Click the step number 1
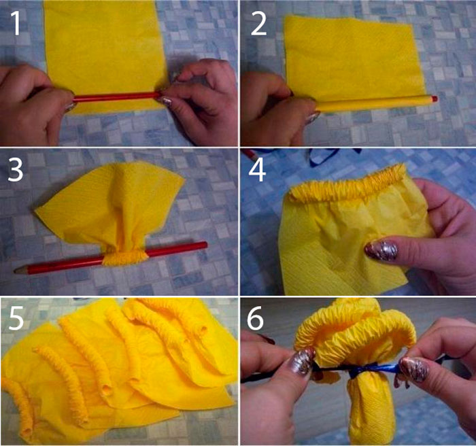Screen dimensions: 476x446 tap(16, 24)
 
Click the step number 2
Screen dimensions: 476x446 tap(258, 24)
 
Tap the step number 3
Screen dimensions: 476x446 tap(16, 170)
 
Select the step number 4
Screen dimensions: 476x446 tap(258, 170)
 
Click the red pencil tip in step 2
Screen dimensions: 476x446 tap(435, 99)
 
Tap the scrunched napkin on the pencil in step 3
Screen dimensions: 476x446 tap(125, 257)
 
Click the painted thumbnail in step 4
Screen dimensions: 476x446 tap(382, 251)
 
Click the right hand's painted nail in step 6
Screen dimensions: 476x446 tap(414, 368)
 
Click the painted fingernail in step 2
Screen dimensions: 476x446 tap(313, 118)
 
